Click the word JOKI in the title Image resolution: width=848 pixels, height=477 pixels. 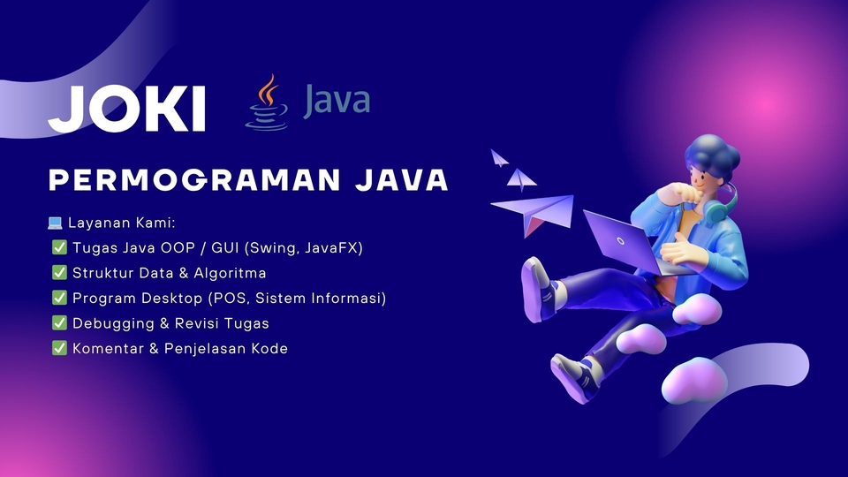[x=127, y=108]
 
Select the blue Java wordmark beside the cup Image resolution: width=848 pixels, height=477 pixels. [x=336, y=100]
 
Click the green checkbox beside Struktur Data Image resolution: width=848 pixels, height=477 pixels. [x=60, y=273]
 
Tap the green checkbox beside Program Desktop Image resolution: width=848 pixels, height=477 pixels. [x=60, y=299]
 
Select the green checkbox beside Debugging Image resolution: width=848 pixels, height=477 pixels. [x=60, y=323]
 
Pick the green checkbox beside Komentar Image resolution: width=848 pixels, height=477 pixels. [x=60, y=348]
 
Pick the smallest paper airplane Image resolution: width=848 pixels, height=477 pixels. [x=500, y=159]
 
